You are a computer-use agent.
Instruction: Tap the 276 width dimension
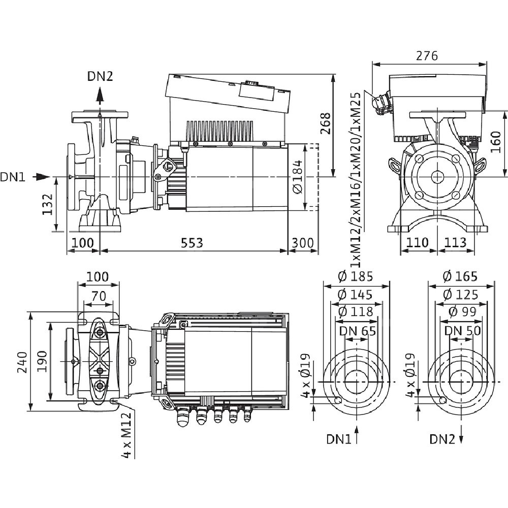pos(426,56)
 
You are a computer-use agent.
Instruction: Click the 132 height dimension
pos(47,204)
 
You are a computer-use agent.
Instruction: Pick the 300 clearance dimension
pos(303,242)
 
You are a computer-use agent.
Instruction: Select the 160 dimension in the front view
pos(497,144)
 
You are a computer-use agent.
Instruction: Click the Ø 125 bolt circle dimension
pos(460,294)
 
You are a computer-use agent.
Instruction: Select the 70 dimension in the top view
pos(99,295)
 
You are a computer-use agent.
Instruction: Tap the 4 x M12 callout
pos(128,435)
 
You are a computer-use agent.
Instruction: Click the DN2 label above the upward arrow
pos(100,76)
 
